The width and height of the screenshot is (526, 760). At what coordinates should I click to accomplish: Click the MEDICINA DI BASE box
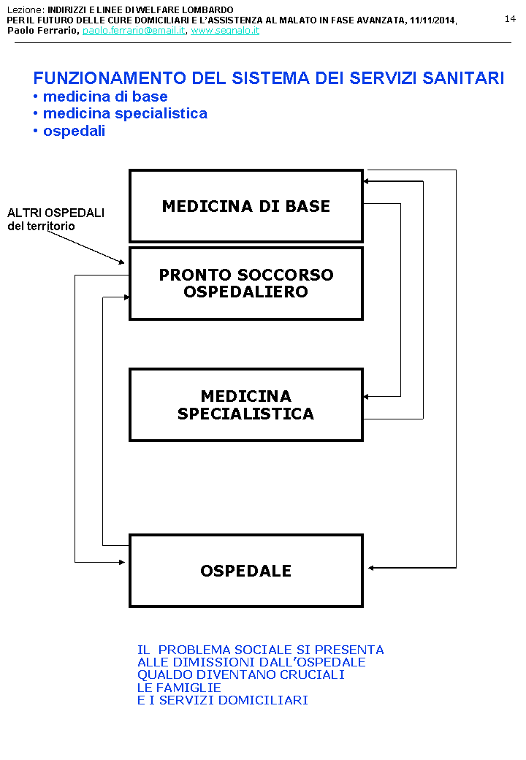point(245,206)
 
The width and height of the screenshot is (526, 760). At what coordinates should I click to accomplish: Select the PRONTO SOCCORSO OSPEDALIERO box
point(245,284)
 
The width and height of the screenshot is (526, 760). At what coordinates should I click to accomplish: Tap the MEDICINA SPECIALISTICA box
point(245,405)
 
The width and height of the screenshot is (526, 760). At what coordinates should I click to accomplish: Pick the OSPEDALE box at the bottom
point(245,571)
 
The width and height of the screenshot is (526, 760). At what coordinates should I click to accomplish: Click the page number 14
point(510,19)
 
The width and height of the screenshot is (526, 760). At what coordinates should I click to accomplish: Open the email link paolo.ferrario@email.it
point(134,31)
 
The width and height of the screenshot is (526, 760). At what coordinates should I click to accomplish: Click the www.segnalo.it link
point(225,31)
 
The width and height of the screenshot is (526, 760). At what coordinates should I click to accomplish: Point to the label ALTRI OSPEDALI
point(56,213)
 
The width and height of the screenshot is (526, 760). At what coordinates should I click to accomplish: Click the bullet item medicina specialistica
point(125,113)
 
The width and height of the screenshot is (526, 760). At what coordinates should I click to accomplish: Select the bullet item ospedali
point(74,131)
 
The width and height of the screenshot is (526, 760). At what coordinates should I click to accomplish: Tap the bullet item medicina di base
point(105,96)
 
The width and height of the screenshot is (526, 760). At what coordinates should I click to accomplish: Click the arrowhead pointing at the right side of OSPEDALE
point(372,568)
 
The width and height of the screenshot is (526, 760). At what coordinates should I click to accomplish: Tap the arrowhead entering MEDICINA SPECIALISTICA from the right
point(367,396)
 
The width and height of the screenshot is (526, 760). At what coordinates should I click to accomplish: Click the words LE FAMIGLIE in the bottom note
point(179,688)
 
